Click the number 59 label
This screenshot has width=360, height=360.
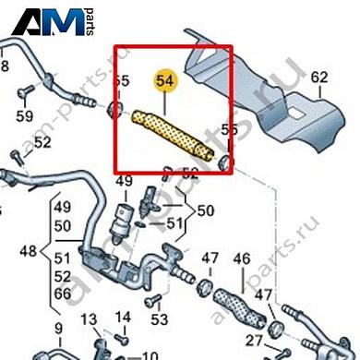[x=24, y=116]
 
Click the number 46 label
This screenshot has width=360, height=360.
[x=242, y=258]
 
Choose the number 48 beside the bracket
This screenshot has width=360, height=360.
[x=29, y=250]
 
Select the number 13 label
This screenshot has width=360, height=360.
[x=89, y=319]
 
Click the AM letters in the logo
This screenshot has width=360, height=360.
[x=63, y=20]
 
